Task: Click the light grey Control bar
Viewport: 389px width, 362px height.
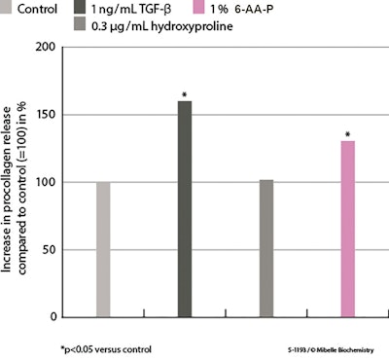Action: (x=103, y=249)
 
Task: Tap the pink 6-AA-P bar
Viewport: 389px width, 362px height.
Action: (x=347, y=229)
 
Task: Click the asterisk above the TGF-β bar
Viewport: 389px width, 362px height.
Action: (x=185, y=94)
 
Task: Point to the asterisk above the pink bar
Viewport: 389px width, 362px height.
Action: (x=347, y=134)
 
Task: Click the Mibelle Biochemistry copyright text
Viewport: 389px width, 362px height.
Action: (x=336, y=348)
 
